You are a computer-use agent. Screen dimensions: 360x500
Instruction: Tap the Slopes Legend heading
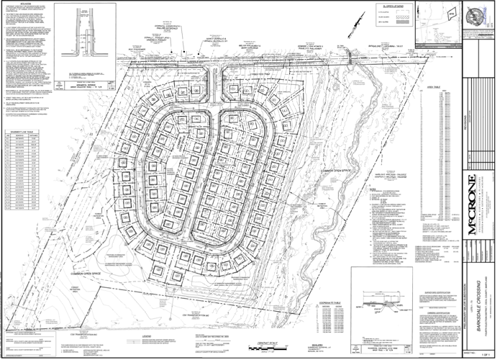(x=384, y=6)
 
